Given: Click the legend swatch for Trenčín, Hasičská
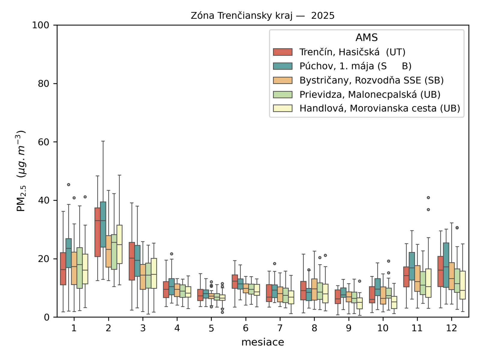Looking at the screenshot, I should coord(283,52).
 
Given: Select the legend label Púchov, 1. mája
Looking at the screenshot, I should coord(355,66).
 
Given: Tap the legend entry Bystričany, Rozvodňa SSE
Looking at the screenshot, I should coord(371,80).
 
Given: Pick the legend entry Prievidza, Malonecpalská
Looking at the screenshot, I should coord(370,94).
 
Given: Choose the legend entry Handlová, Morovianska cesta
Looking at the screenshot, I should coord(379,108).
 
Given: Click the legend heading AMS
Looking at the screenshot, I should coord(366,37).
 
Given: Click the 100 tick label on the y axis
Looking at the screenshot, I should coord(40,25).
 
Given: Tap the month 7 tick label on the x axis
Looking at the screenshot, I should coord(280,328).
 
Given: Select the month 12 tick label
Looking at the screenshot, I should coord(451,328).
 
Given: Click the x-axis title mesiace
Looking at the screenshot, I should coord(262,342).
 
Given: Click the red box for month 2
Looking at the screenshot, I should coord(97,232).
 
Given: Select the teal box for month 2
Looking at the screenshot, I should coord(103,224).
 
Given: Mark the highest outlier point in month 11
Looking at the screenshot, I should coord(428,198).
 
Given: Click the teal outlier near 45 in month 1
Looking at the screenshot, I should coord(69,184).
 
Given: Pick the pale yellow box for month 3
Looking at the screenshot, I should coord(154,273).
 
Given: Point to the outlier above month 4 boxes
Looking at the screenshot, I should coord(172,254).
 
